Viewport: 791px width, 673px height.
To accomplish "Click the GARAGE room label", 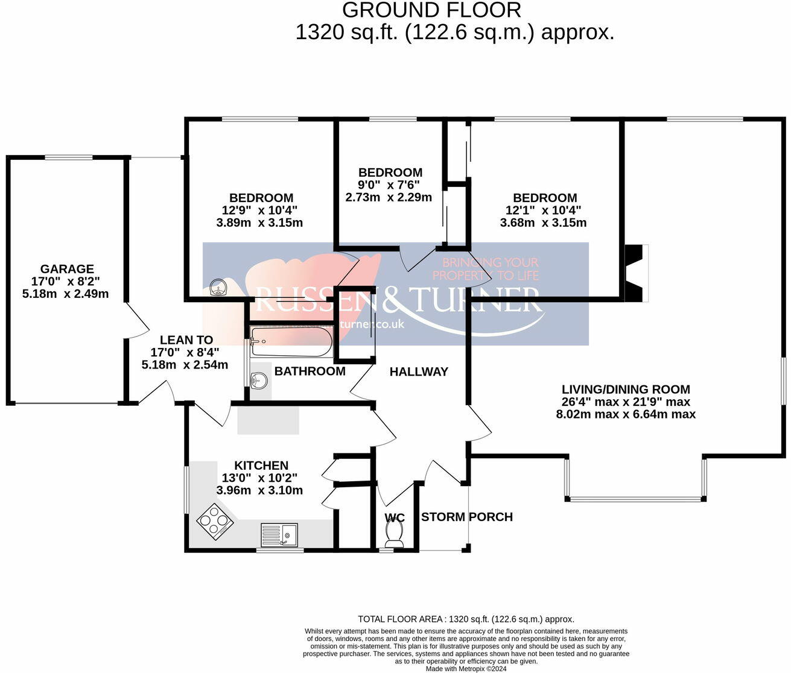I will coord(67,269).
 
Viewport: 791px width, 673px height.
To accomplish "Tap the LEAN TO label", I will coord(186,340).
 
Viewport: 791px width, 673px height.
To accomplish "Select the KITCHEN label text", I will coord(261,466).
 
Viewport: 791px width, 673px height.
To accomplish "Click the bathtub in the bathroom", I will coord(291,342).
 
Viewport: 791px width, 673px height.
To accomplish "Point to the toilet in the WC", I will coord(394,533).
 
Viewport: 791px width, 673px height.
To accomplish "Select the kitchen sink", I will coord(279,534).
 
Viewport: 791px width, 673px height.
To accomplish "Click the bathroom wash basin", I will coord(259,381).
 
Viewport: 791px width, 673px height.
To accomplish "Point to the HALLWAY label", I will coord(419,372).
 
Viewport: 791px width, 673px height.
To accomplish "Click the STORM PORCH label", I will coord(466,517).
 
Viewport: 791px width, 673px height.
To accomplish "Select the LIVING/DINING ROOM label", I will coord(626,390).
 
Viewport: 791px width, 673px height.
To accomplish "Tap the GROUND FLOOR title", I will coord(431,10).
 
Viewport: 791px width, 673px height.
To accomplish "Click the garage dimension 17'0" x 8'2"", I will coord(67,282).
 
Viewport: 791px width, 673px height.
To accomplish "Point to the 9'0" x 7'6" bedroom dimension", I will coord(390,185).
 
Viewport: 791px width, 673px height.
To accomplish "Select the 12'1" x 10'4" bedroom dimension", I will coord(543,210).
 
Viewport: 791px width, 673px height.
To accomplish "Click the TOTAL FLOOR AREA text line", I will coord(466,619).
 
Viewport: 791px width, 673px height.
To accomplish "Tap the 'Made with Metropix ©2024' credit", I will coord(466,669).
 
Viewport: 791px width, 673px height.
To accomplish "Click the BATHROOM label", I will coord(310,371).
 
